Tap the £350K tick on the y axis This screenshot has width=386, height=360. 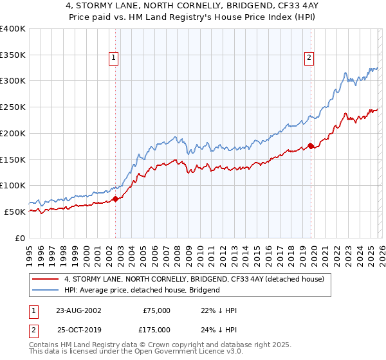point(12,55)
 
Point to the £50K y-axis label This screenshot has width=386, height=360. point(14,212)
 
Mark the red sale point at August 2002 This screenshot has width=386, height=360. point(116,199)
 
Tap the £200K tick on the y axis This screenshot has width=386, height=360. point(12,133)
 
